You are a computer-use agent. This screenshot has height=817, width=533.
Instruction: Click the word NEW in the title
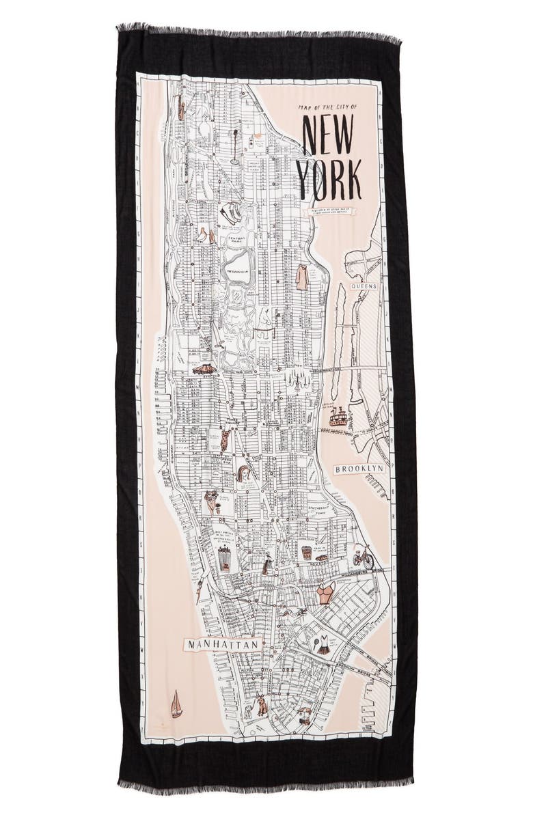tap(327, 137)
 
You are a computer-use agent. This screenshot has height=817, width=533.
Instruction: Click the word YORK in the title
tap(329, 179)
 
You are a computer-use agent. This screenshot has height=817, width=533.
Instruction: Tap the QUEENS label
tap(363, 286)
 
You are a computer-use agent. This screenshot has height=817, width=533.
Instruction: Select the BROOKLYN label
tap(359, 469)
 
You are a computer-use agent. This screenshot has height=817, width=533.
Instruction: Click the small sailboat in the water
tap(176, 704)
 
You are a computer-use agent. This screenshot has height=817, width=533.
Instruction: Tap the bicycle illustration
tap(363, 558)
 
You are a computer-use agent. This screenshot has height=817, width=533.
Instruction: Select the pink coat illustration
tap(301, 277)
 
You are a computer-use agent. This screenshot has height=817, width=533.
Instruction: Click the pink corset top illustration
tap(325, 593)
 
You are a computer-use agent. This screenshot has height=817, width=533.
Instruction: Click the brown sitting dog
tap(261, 706)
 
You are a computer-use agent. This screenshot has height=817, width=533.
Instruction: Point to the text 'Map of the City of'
tap(327, 107)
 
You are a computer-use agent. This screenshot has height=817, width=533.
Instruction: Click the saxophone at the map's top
tap(181, 108)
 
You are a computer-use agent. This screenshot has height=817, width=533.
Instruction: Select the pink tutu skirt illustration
tap(204, 369)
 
